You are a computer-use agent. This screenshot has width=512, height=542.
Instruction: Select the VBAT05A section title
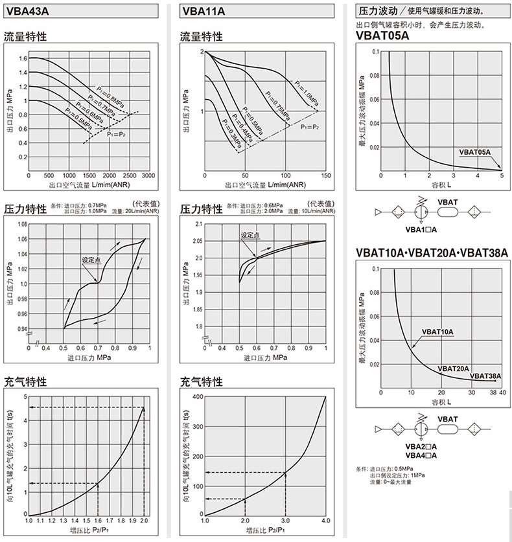[382, 36]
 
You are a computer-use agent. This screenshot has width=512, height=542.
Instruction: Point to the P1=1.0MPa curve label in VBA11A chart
[305, 92]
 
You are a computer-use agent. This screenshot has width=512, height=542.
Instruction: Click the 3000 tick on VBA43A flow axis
[148, 176]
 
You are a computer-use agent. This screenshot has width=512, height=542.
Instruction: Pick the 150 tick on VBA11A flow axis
[325, 176]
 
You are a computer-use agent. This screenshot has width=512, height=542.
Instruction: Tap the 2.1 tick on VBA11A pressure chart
[198, 224]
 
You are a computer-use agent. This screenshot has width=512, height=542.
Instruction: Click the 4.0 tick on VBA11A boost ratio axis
[325, 521]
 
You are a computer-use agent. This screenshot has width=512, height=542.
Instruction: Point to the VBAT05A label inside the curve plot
[475, 152]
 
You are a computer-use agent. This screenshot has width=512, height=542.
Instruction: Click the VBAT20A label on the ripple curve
[454, 368]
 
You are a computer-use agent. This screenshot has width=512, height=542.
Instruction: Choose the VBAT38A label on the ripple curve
[485, 376]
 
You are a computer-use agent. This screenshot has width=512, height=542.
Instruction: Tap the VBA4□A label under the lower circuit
[421, 455]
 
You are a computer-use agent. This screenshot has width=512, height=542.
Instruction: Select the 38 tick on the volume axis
[493, 392]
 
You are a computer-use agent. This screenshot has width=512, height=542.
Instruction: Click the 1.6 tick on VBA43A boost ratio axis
[98, 521]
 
